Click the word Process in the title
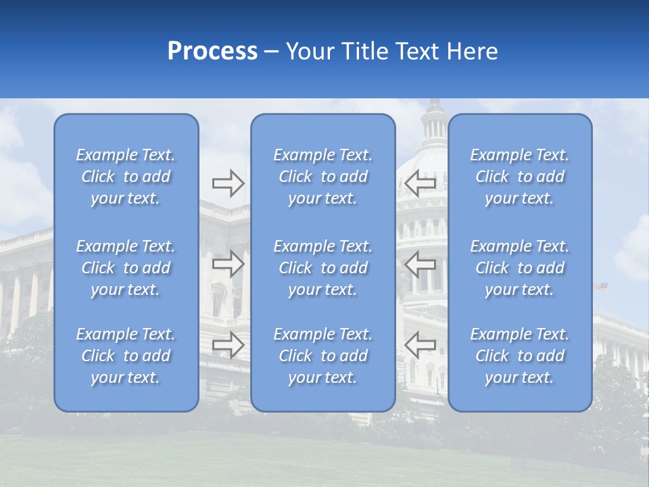click(x=212, y=51)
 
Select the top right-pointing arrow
click(x=229, y=183)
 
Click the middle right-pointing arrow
click(x=229, y=264)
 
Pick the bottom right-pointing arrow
click(x=229, y=345)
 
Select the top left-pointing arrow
click(x=420, y=183)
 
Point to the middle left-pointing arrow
click(x=420, y=264)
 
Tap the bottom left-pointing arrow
click(x=420, y=345)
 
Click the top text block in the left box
click(x=126, y=177)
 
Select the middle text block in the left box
click(x=126, y=268)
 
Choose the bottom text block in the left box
click(x=126, y=356)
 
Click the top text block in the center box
click(x=323, y=177)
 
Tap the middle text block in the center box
click(x=323, y=268)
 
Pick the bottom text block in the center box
click(x=323, y=356)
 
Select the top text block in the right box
click(x=520, y=177)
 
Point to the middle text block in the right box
click(x=520, y=268)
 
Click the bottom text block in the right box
click(x=520, y=356)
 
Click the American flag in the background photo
click(x=600, y=287)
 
